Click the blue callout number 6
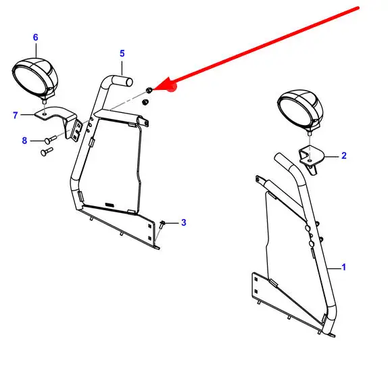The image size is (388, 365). [35, 37]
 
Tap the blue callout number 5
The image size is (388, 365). [122, 53]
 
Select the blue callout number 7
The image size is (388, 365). [16, 115]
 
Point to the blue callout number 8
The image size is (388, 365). [24, 141]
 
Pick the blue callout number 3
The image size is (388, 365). [183, 222]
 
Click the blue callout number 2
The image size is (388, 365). [343, 155]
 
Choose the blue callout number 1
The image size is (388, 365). [343, 267]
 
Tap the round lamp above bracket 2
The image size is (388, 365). [300, 112]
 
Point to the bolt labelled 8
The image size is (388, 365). [51, 139]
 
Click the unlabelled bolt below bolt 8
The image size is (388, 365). [47, 151]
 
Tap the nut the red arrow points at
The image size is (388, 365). [149, 90]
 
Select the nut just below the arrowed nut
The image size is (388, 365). [145, 101]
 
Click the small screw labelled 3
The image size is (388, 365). [162, 224]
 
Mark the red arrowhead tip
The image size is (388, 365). [153, 89]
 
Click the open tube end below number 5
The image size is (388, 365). [129, 82]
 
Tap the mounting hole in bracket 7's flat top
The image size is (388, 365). [45, 114]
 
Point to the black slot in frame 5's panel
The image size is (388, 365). [110, 205]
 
